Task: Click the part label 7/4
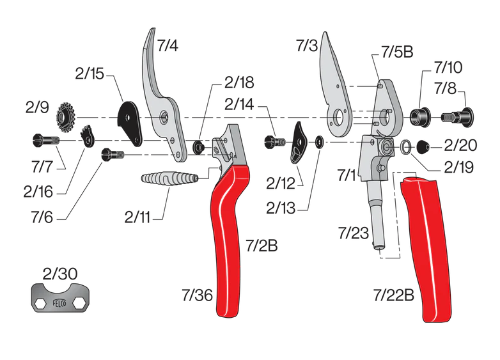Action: click(x=169, y=46)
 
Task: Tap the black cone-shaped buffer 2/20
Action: click(x=423, y=146)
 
